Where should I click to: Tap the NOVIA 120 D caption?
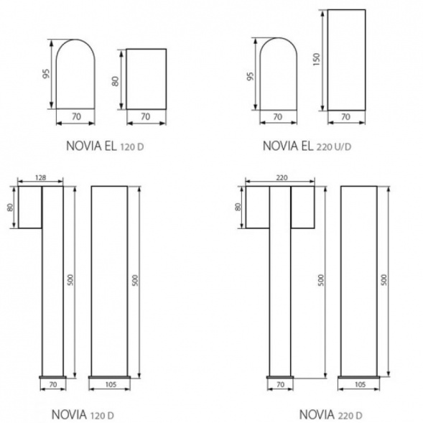point(83,415)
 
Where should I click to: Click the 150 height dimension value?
point(316,60)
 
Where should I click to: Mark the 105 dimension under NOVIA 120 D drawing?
point(110,385)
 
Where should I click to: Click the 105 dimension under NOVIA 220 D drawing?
point(358,385)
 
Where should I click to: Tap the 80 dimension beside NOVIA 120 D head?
point(10,207)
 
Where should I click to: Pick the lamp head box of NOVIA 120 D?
point(29,207)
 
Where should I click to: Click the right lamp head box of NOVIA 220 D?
point(302,207)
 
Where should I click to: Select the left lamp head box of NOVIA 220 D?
point(257,207)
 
